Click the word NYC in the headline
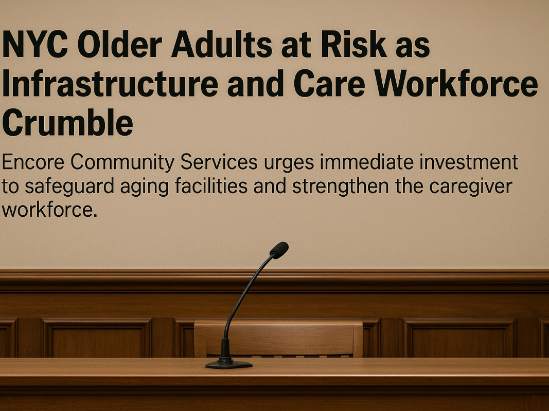[x=34, y=45]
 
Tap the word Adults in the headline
[x=222, y=44]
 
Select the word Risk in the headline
[x=353, y=44]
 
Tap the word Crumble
[x=67, y=122]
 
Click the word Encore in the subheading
[x=33, y=162]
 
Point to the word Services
[x=219, y=162]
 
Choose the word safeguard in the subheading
[x=69, y=186]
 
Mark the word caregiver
[x=470, y=186]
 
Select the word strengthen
[x=340, y=186]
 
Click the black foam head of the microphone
[x=279, y=250]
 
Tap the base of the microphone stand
[x=228, y=365]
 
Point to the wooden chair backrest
[x=278, y=339]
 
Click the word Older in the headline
[x=119, y=44]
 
